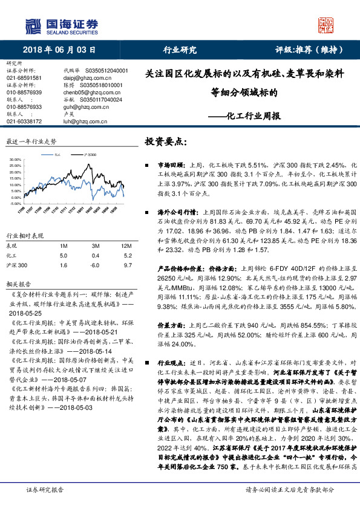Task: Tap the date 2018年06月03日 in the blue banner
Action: pos(59,50)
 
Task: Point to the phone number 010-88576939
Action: pos(24,92)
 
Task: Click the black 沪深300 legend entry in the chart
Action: pos(90,155)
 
